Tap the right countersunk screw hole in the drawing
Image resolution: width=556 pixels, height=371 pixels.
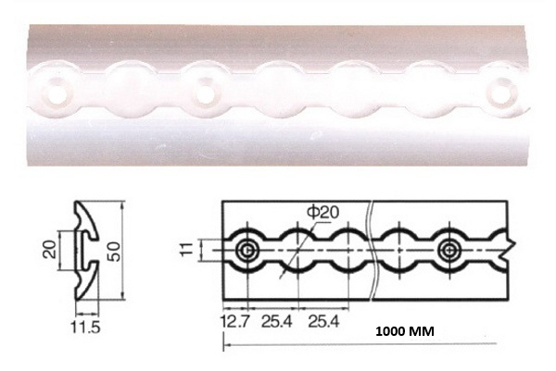450,251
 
